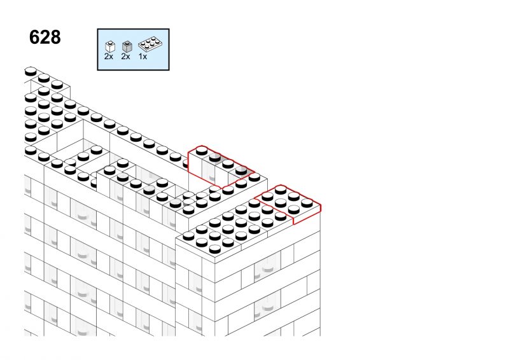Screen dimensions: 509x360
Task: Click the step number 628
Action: (x=45, y=37)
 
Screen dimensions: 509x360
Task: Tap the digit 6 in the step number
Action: (x=34, y=37)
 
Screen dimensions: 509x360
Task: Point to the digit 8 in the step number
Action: (x=55, y=37)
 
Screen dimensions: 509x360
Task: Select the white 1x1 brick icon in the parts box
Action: (x=110, y=46)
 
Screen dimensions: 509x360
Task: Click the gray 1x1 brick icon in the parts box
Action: (x=127, y=46)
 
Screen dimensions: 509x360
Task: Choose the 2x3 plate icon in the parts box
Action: (x=150, y=44)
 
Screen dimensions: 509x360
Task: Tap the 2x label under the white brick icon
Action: (x=109, y=57)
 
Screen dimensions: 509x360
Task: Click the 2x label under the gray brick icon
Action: (x=125, y=57)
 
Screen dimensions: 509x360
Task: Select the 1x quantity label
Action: (x=143, y=57)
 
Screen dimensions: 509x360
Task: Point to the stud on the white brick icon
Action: (x=110, y=43)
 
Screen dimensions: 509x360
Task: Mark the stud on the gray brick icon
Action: (x=127, y=43)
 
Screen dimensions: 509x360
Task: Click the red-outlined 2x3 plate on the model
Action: (x=288, y=204)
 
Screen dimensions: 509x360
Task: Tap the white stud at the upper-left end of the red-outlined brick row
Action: (x=202, y=150)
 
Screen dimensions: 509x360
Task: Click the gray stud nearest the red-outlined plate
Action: (x=241, y=170)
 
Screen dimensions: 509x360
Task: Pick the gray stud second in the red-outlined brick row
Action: (x=215, y=157)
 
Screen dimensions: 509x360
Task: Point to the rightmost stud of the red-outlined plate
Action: (x=307, y=203)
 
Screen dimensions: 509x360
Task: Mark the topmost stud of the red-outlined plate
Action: (x=281, y=190)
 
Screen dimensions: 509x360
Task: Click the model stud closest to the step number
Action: (x=31, y=71)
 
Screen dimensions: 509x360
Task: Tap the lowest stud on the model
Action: (x=214, y=249)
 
